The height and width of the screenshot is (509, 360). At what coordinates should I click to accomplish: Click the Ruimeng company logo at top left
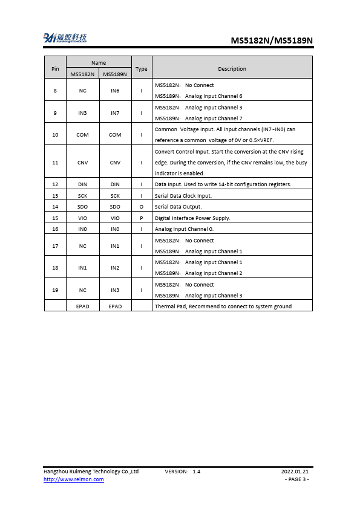pyautogui.click(x=65, y=38)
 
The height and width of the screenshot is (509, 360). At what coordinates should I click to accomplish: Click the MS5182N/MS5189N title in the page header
pyautogui.click(x=272, y=41)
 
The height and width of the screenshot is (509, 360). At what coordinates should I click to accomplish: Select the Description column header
pyautogui.click(x=232, y=68)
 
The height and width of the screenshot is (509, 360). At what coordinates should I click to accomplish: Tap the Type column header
pyautogui.click(x=141, y=68)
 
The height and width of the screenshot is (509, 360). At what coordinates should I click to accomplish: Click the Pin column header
pyautogui.click(x=55, y=68)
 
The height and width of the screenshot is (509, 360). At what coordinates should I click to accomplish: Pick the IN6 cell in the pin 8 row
pyautogui.click(x=115, y=91)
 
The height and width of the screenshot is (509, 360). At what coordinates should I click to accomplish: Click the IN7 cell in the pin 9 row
pyautogui.click(x=115, y=112)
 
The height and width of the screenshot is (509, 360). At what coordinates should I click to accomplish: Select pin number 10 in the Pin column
pyautogui.click(x=55, y=135)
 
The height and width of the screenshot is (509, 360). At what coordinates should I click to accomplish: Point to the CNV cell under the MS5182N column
pyautogui.click(x=82, y=162)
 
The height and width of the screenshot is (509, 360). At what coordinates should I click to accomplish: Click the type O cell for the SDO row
pyautogui.click(x=141, y=207)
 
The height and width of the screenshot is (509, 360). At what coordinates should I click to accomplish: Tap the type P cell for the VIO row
pyautogui.click(x=141, y=218)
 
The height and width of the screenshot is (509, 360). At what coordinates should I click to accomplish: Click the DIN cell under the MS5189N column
pyautogui.click(x=115, y=184)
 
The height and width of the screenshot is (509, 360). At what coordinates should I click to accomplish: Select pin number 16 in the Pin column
pyautogui.click(x=55, y=229)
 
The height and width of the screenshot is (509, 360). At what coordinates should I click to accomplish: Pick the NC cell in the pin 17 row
pyautogui.click(x=82, y=245)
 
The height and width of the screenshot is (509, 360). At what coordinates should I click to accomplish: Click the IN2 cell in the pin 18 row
pyautogui.click(x=115, y=267)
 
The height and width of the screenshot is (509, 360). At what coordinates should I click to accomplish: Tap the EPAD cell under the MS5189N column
pyautogui.click(x=115, y=306)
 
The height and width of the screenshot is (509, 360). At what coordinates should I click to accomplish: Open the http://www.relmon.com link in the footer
pyautogui.click(x=73, y=479)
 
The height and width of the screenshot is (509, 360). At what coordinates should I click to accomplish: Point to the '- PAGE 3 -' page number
pyautogui.click(x=296, y=479)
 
